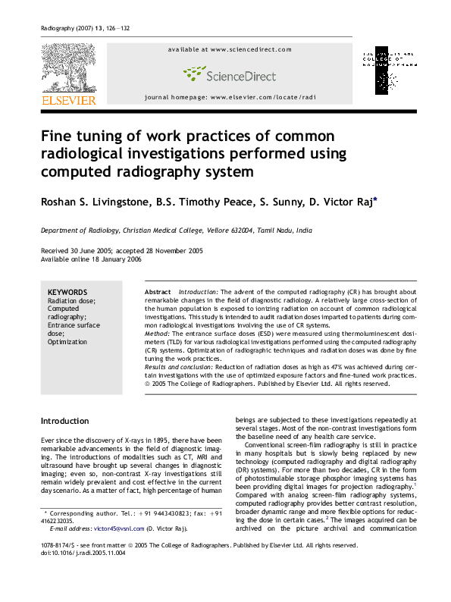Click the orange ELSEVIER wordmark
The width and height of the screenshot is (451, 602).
point(68,99)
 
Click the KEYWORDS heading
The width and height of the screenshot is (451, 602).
point(67,292)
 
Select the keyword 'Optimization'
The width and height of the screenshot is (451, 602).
point(67,342)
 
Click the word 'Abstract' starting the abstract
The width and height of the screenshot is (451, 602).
point(158,292)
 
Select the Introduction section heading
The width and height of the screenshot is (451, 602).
point(64,421)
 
